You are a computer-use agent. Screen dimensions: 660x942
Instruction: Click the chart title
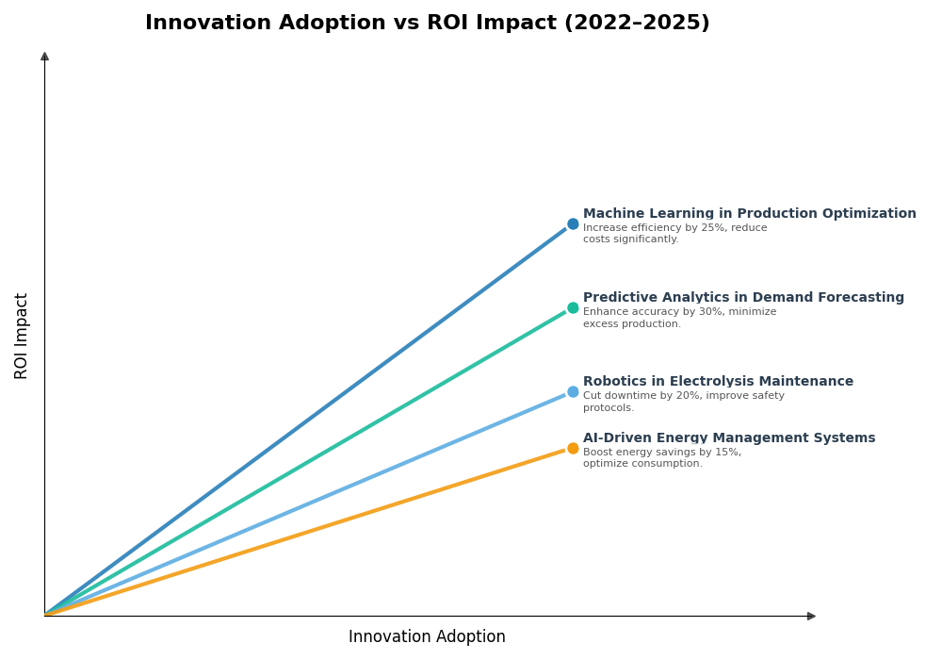pyautogui.click(x=427, y=24)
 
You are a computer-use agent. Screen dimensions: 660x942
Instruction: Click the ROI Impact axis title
pyautogui.click(x=22, y=336)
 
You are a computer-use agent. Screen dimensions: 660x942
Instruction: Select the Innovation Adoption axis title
pyautogui.click(x=427, y=637)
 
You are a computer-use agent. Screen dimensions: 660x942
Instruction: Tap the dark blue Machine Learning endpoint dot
pyautogui.click(x=573, y=224)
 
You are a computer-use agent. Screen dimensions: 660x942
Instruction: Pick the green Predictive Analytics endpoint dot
pyautogui.click(x=573, y=308)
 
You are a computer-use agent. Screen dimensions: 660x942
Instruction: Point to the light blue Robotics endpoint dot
pyautogui.click(x=573, y=392)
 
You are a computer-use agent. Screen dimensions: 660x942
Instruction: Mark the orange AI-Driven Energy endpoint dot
pyautogui.click(x=573, y=449)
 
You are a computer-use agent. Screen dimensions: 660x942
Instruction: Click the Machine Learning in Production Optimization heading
pyautogui.click(x=749, y=214)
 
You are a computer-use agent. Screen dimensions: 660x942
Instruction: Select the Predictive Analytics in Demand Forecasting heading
pyautogui.click(x=743, y=298)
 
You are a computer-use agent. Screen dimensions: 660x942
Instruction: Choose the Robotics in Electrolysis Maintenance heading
pyautogui.click(x=718, y=382)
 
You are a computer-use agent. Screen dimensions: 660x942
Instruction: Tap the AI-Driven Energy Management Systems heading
pyautogui.click(x=729, y=438)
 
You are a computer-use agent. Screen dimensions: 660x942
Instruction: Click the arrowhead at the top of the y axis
pyautogui.click(x=44, y=57)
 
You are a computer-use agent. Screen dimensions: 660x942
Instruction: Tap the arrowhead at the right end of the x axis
pyautogui.click(x=811, y=617)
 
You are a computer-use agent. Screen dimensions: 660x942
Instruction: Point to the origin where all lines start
pyautogui.click(x=45, y=616)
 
